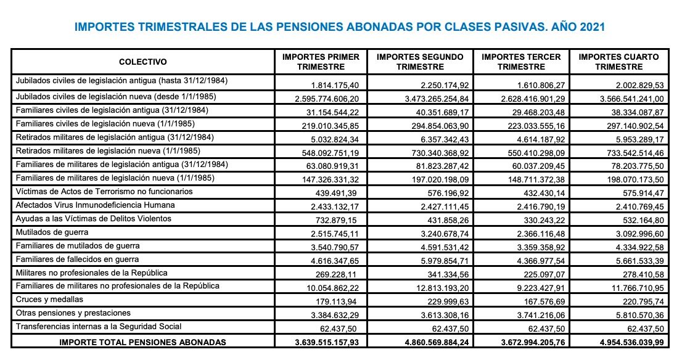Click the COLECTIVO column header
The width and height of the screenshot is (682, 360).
pyautogui.click(x=143, y=62)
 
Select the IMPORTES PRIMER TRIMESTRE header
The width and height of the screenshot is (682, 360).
pyautogui.click(x=321, y=62)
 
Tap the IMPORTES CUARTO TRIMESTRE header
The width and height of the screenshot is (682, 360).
pyautogui.click(x=618, y=62)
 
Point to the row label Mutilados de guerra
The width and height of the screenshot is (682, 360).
pyautogui.click(x=52, y=232)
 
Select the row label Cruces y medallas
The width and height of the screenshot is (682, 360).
pyautogui.click(x=49, y=300)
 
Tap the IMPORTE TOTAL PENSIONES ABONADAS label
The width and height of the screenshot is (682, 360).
pyautogui.click(x=142, y=342)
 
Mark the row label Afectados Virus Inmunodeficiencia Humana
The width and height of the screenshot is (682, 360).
pyautogui.click(x=96, y=205)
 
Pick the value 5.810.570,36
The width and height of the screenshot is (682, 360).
pyautogui.click(x=635, y=314)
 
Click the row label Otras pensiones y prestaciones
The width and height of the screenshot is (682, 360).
pyautogui.click(x=73, y=313)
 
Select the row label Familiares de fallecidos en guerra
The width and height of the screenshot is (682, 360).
pyautogui.click(x=78, y=260)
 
